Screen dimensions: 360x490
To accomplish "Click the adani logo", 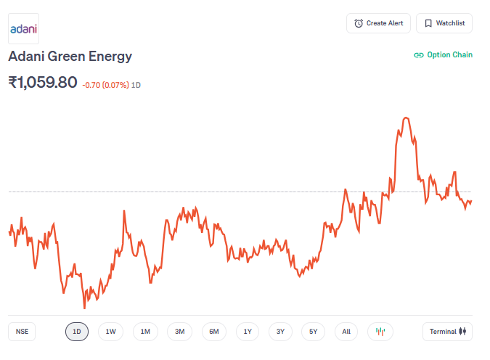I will click(23, 29).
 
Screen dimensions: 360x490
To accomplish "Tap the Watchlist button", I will click(445, 23).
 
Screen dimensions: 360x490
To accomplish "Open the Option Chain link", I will click(443, 54).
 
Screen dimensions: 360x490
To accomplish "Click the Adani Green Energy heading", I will click(70, 56).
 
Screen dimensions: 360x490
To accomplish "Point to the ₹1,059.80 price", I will click(43, 83).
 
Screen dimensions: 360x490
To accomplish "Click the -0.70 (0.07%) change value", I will click(105, 85).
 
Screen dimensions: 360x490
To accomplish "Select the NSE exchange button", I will click(23, 332).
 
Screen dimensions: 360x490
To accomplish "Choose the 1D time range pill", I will click(77, 332).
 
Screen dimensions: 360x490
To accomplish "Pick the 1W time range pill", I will click(110, 332).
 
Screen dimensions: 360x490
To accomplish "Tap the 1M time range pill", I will click(145, 332).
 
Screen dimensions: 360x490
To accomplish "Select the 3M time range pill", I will click(179, 332).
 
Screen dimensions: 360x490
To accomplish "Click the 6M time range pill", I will click(214, 332).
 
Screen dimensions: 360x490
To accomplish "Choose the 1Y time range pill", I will click(248, 332).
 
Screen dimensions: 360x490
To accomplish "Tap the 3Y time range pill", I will click(280, 332).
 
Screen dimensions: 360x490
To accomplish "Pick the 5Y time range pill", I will click(313, 332).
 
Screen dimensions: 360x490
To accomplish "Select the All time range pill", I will click(346, 332).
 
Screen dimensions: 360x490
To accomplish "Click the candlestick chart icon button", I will click(380, 332).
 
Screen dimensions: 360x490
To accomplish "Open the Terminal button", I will click(447, 332).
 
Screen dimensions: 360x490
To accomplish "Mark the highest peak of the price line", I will click(406, 117).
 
